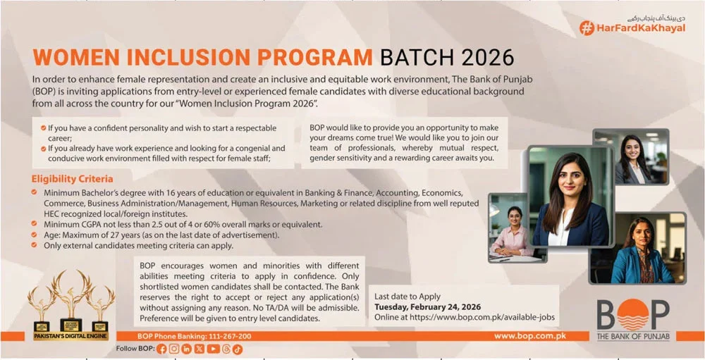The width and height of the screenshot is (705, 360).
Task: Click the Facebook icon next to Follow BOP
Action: click(x=162, y=349)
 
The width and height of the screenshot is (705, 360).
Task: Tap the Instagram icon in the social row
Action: click(x=174, y=349)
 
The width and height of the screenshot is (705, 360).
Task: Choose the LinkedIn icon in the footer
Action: click(x=187, y=349)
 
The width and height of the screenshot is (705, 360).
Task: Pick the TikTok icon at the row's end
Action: click(x=238, y=349)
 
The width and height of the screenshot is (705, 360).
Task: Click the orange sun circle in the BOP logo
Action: click(x=632, y=314)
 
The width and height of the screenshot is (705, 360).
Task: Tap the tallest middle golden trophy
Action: click(x=70, y=296)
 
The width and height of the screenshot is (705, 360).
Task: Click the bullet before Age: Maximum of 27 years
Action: click(x=35, y=235)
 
